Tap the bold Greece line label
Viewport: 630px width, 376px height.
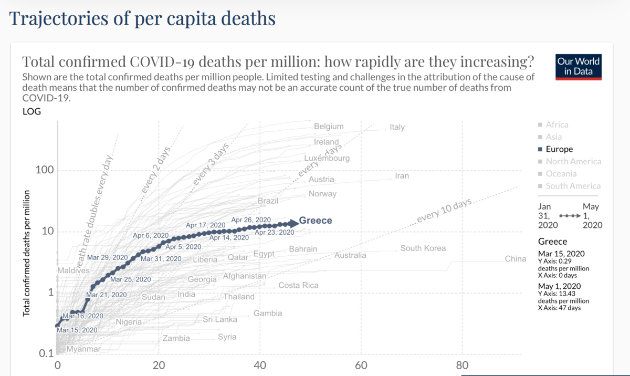click(316, 221)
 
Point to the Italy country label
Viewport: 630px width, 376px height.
click(397, 128)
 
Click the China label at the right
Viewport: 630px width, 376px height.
click(515, 259)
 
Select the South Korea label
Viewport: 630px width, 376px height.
click(423, 248)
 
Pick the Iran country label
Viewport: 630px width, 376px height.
click(402, 176)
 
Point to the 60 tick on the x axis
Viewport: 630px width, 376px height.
click(361, 365)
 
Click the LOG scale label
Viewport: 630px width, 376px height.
click(31, 111)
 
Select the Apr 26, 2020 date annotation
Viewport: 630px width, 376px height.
click(251, 220)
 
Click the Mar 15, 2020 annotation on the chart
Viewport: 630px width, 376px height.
click(77, 330)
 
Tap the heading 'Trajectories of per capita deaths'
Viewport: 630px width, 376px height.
click(142, 19)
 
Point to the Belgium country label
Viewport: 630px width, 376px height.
click(329, 127)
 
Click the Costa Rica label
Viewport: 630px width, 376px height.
click(298, 286)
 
